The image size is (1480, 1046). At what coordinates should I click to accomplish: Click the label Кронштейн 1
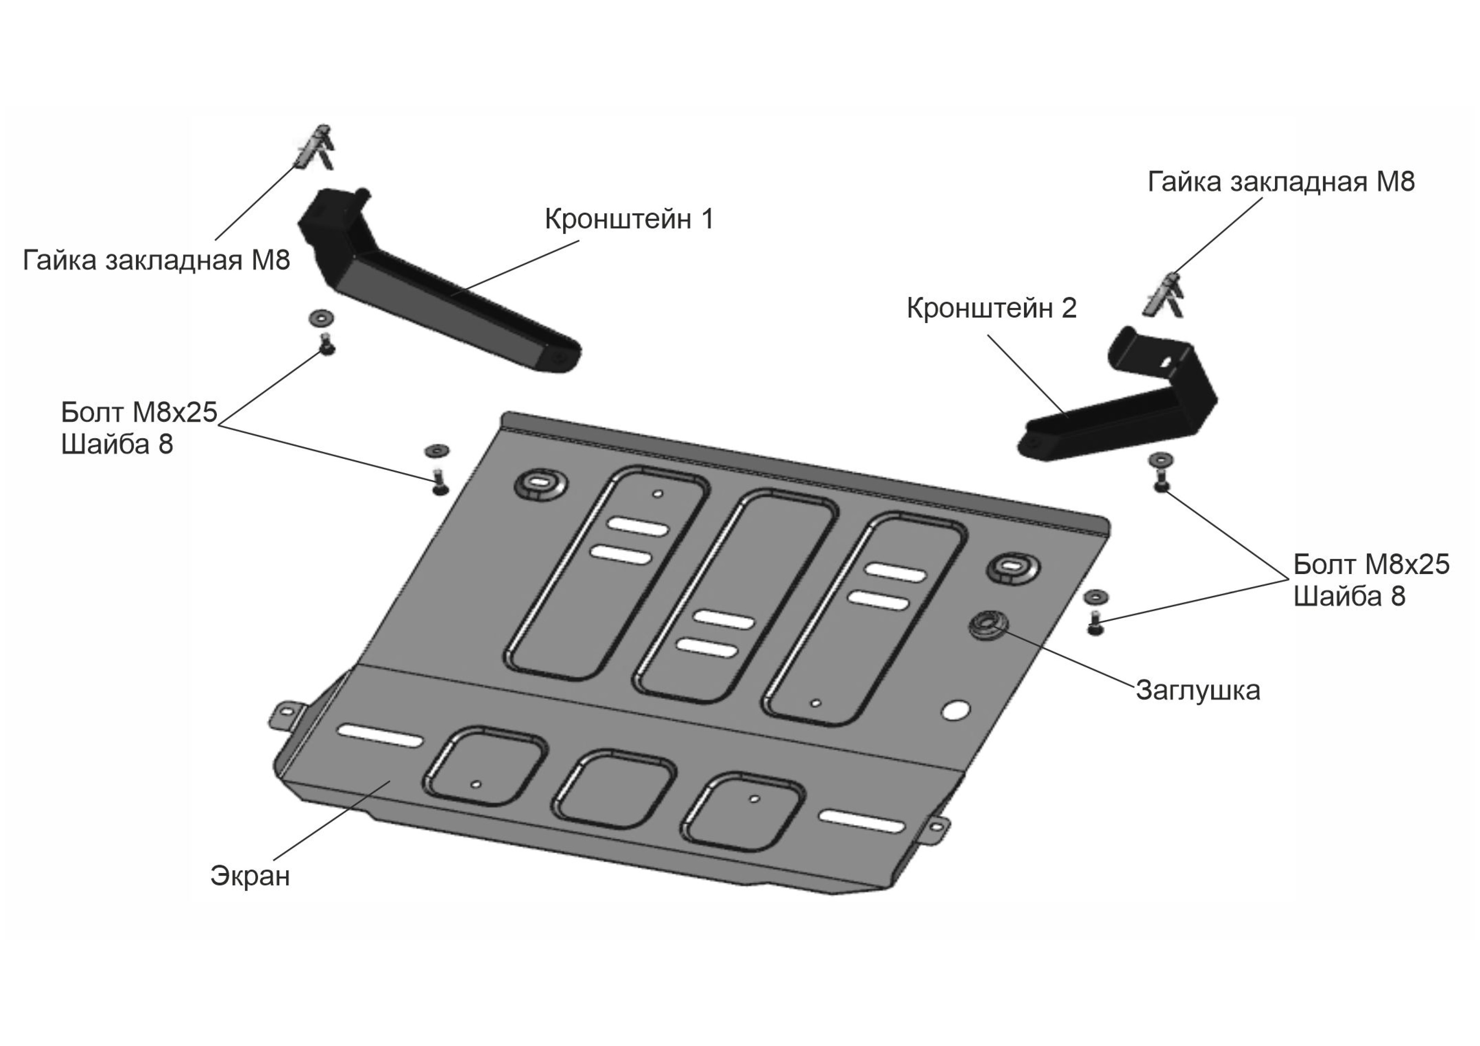click(629, 219)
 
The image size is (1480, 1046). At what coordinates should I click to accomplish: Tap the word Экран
click(250, 876)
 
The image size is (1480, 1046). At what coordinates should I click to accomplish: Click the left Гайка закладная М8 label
click(157, 260)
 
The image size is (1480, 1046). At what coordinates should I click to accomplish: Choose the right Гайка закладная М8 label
click(1281, 182)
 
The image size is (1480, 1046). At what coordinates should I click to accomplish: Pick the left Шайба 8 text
click(117, 445)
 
